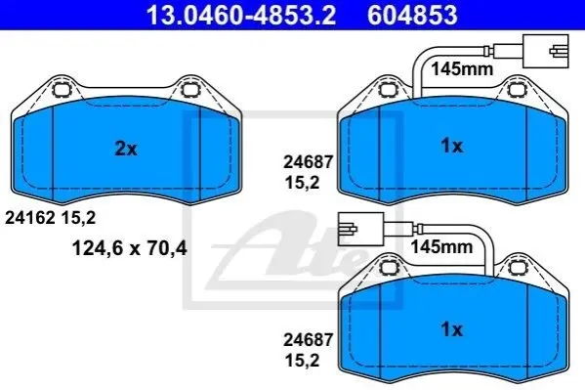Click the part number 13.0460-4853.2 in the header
coord(241,15)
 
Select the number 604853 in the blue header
coord(412,15)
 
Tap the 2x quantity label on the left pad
coord(126,149)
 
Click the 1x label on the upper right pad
coord(452,146)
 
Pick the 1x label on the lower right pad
coord(452,329)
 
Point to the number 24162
coord(30,218)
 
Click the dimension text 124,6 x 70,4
coord(130,248)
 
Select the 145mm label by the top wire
coord(462,69)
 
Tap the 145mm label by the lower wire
coord(441,246)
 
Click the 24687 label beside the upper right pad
coord(308,162)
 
